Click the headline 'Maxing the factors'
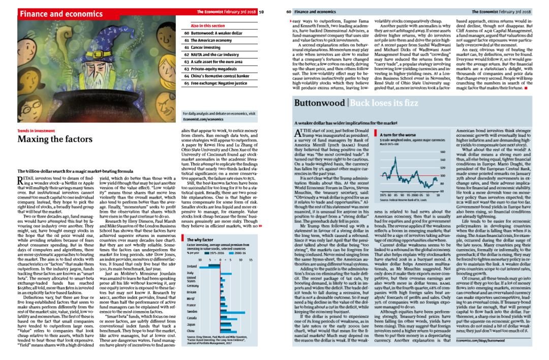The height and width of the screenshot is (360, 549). click(55, 139)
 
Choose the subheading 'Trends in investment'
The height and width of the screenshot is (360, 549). click(36, 131)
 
